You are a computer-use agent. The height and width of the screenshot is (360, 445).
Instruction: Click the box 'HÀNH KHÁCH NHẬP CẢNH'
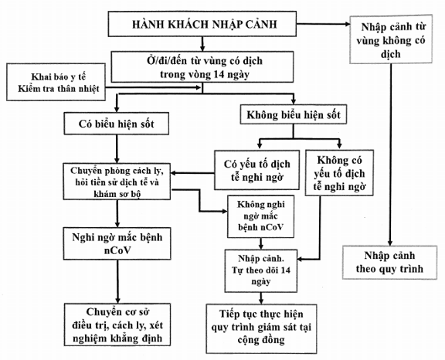202,24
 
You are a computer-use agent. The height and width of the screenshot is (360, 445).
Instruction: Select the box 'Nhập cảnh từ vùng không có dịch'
391,39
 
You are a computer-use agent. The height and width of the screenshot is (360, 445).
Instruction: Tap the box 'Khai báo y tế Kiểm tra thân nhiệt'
56,82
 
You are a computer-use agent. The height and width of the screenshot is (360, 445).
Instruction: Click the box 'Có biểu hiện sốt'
117,124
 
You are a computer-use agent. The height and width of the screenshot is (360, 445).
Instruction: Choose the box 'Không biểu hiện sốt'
294,114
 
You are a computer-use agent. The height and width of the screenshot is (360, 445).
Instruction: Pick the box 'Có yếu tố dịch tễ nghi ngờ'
256,170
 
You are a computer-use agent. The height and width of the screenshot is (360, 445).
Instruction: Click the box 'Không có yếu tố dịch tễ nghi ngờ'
339,173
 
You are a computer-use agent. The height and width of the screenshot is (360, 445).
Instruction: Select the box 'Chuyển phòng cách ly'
117,182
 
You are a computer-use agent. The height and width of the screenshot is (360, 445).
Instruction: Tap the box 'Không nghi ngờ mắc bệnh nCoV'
260,216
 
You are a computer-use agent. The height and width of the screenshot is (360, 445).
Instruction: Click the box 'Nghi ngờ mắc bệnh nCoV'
117,243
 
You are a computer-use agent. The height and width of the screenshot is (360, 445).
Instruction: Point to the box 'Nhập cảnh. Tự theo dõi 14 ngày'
261,270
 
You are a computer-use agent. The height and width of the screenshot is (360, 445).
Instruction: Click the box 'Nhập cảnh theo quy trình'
389,263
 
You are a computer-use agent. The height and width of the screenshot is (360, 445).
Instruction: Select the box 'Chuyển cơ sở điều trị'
117,324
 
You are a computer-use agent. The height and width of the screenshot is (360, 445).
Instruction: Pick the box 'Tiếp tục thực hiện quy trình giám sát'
261,328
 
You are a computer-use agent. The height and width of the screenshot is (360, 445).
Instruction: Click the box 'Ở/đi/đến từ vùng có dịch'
202,67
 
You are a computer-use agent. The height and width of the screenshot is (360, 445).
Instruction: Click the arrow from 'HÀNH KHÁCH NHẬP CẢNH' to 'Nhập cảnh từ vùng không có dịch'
323,24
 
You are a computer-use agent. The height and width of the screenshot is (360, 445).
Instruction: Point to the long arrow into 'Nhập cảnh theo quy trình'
390,155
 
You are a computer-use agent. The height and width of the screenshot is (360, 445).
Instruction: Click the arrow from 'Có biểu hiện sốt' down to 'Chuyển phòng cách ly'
117,149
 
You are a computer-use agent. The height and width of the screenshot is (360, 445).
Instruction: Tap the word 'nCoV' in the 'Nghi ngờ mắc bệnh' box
117,250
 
